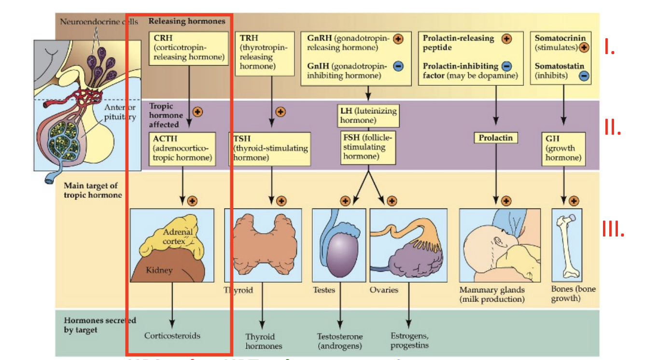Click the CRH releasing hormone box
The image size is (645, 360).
(189, 47)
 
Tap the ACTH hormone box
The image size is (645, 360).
(182, 149)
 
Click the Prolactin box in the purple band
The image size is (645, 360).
(495, 138)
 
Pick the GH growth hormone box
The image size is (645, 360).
(563, 148)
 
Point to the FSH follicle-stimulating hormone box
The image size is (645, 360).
(368, 147)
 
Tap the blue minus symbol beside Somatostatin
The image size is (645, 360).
(584, 75)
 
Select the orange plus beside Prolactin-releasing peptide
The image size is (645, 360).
(506, 39)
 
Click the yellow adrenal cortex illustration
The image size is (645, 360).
(171, 239)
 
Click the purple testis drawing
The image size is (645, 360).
(340, 254)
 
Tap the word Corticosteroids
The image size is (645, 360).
(172, 336)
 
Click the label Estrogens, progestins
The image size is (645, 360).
(409, 340)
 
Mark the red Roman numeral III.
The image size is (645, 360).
(613, 230)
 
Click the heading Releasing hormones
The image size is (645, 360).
(187, 21)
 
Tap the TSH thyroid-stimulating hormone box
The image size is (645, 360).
(270, 149)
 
